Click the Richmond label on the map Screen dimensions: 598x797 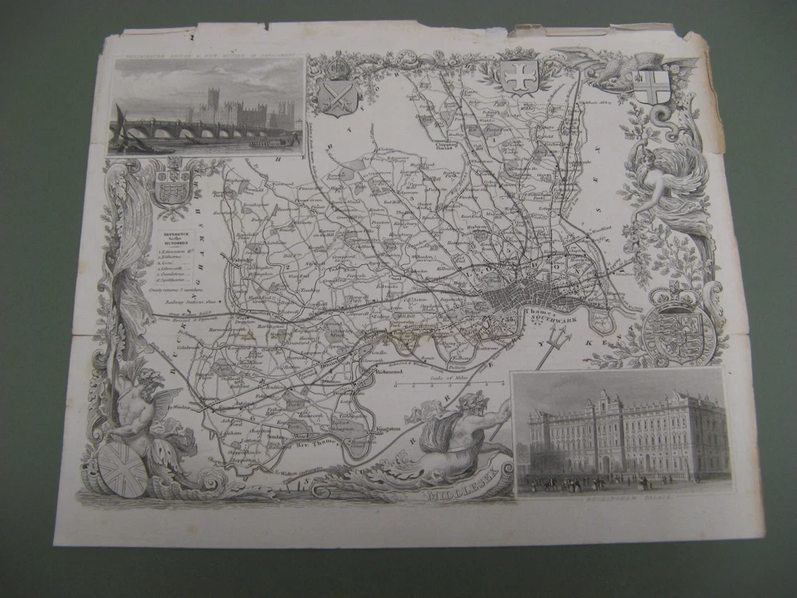click(x=391, y=373)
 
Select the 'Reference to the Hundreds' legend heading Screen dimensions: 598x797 click(x=175, y=237)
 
